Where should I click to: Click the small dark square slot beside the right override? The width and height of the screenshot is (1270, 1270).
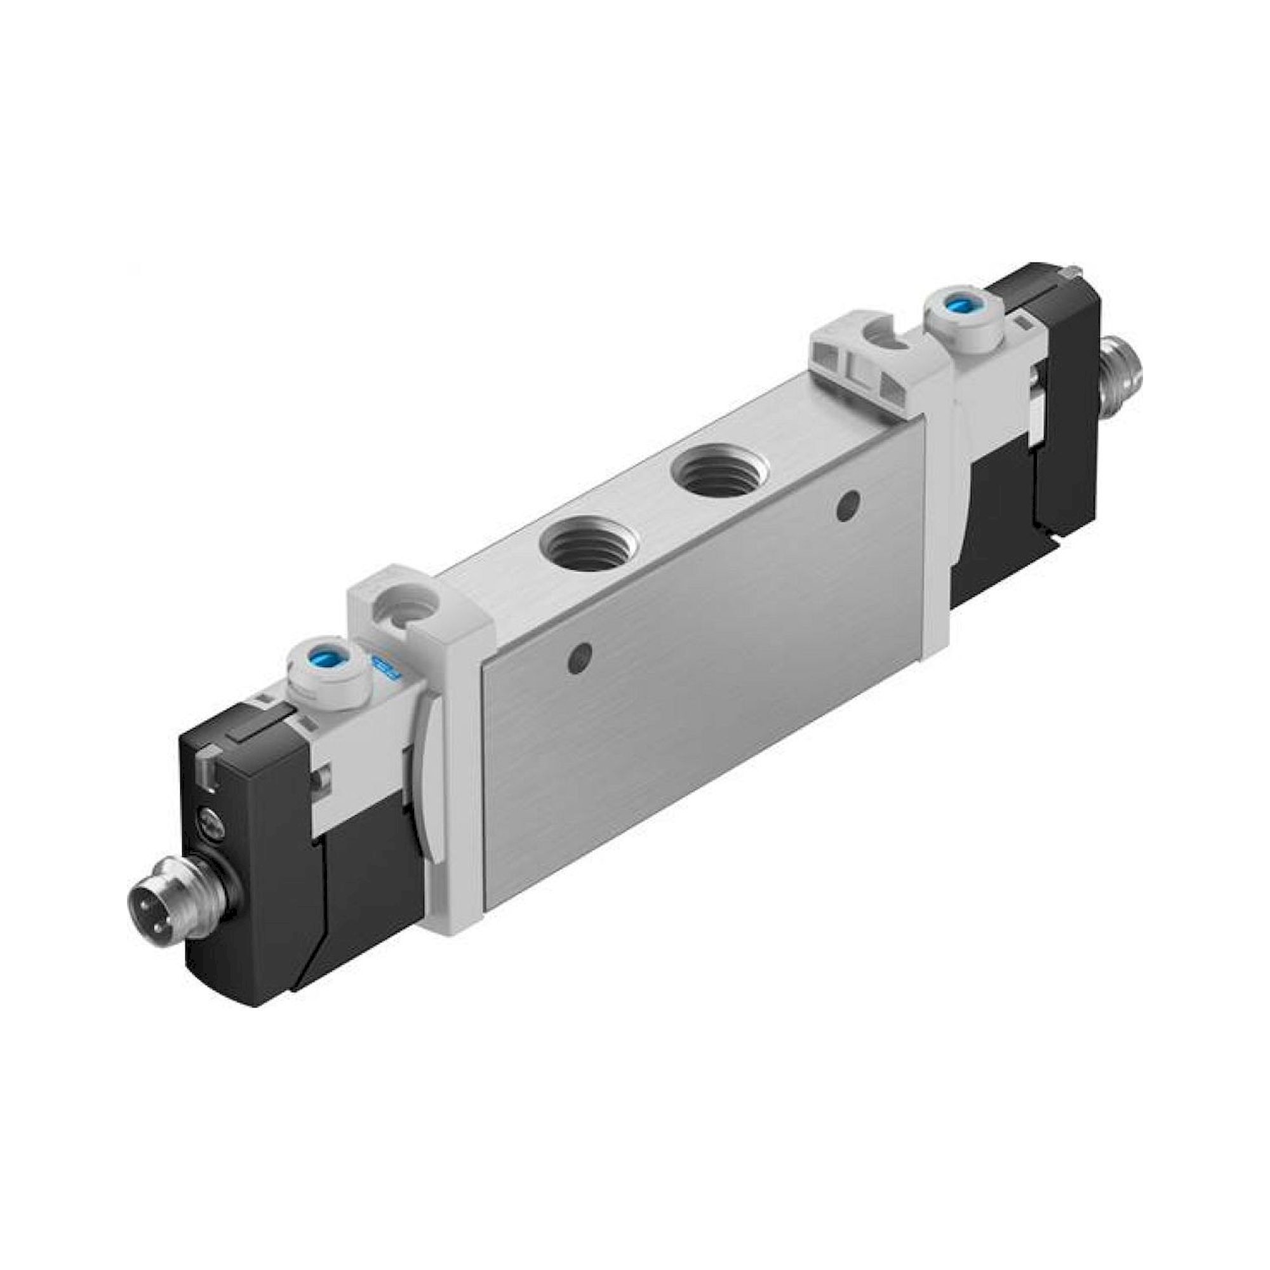tap(1024, 323)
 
